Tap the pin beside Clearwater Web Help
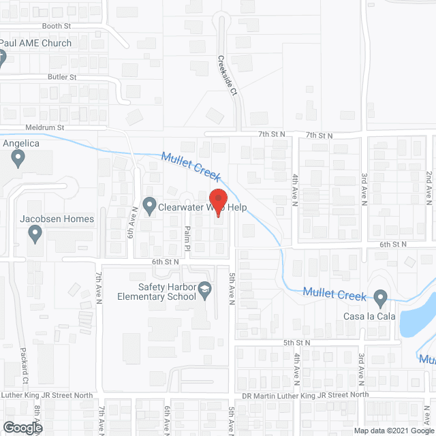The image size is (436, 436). click(x=150, y=205)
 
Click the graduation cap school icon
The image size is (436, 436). click(x=203, y=292)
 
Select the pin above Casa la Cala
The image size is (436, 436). click(x=381, y=297)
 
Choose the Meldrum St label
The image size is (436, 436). click(x=46, y=127)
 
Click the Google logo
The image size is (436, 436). click(x=22, y=428)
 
